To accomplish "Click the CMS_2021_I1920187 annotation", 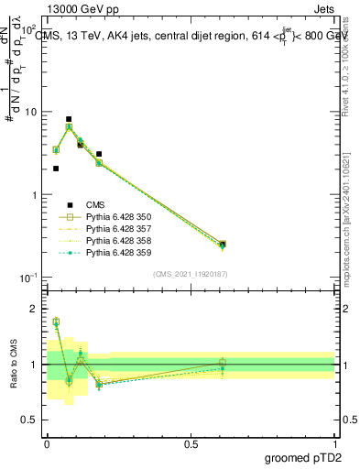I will tap(190, 273).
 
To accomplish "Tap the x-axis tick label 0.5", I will tap(191, 442).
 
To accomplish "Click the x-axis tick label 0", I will tap(47, 442).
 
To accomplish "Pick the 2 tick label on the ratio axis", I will tap(33, 309).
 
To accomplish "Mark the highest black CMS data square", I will tap(69, 119).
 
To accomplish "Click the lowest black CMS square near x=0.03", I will tap(56, 169).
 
